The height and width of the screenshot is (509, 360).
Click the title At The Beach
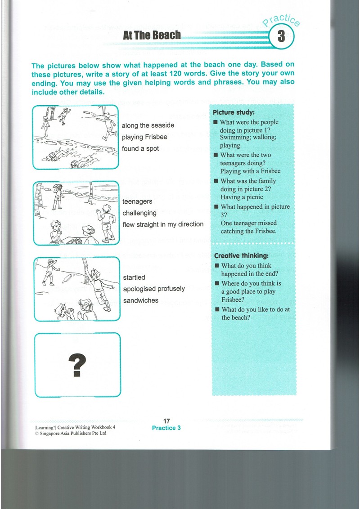pos(152,35)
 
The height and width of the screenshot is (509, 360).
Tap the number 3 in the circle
pos(281,36)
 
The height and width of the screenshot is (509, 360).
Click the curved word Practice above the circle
pos(281,20)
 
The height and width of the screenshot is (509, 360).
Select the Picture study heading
pos(234,112)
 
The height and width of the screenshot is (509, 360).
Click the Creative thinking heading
pos(241,256)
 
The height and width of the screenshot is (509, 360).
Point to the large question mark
pos(77,365)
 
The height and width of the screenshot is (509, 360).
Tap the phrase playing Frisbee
pos(144,137)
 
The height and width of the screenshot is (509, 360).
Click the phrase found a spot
pos(140,148)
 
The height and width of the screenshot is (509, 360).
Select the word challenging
pos(139,213)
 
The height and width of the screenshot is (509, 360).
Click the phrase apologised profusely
pos(154,289)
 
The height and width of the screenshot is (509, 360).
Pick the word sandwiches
pos(141,301)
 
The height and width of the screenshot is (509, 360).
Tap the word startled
pos(134,277)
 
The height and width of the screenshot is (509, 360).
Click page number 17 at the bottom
pos(166,421)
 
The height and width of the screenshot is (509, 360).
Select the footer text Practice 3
pos(166,428)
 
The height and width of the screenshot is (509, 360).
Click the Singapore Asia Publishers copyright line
pos(71,433)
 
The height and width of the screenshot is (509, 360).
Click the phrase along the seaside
pos(148,125)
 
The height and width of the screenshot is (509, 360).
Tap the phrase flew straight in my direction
pos(163,224)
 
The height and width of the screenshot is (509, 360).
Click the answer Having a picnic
pos(242,197)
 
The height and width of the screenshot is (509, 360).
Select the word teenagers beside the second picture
pos(137,201)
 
